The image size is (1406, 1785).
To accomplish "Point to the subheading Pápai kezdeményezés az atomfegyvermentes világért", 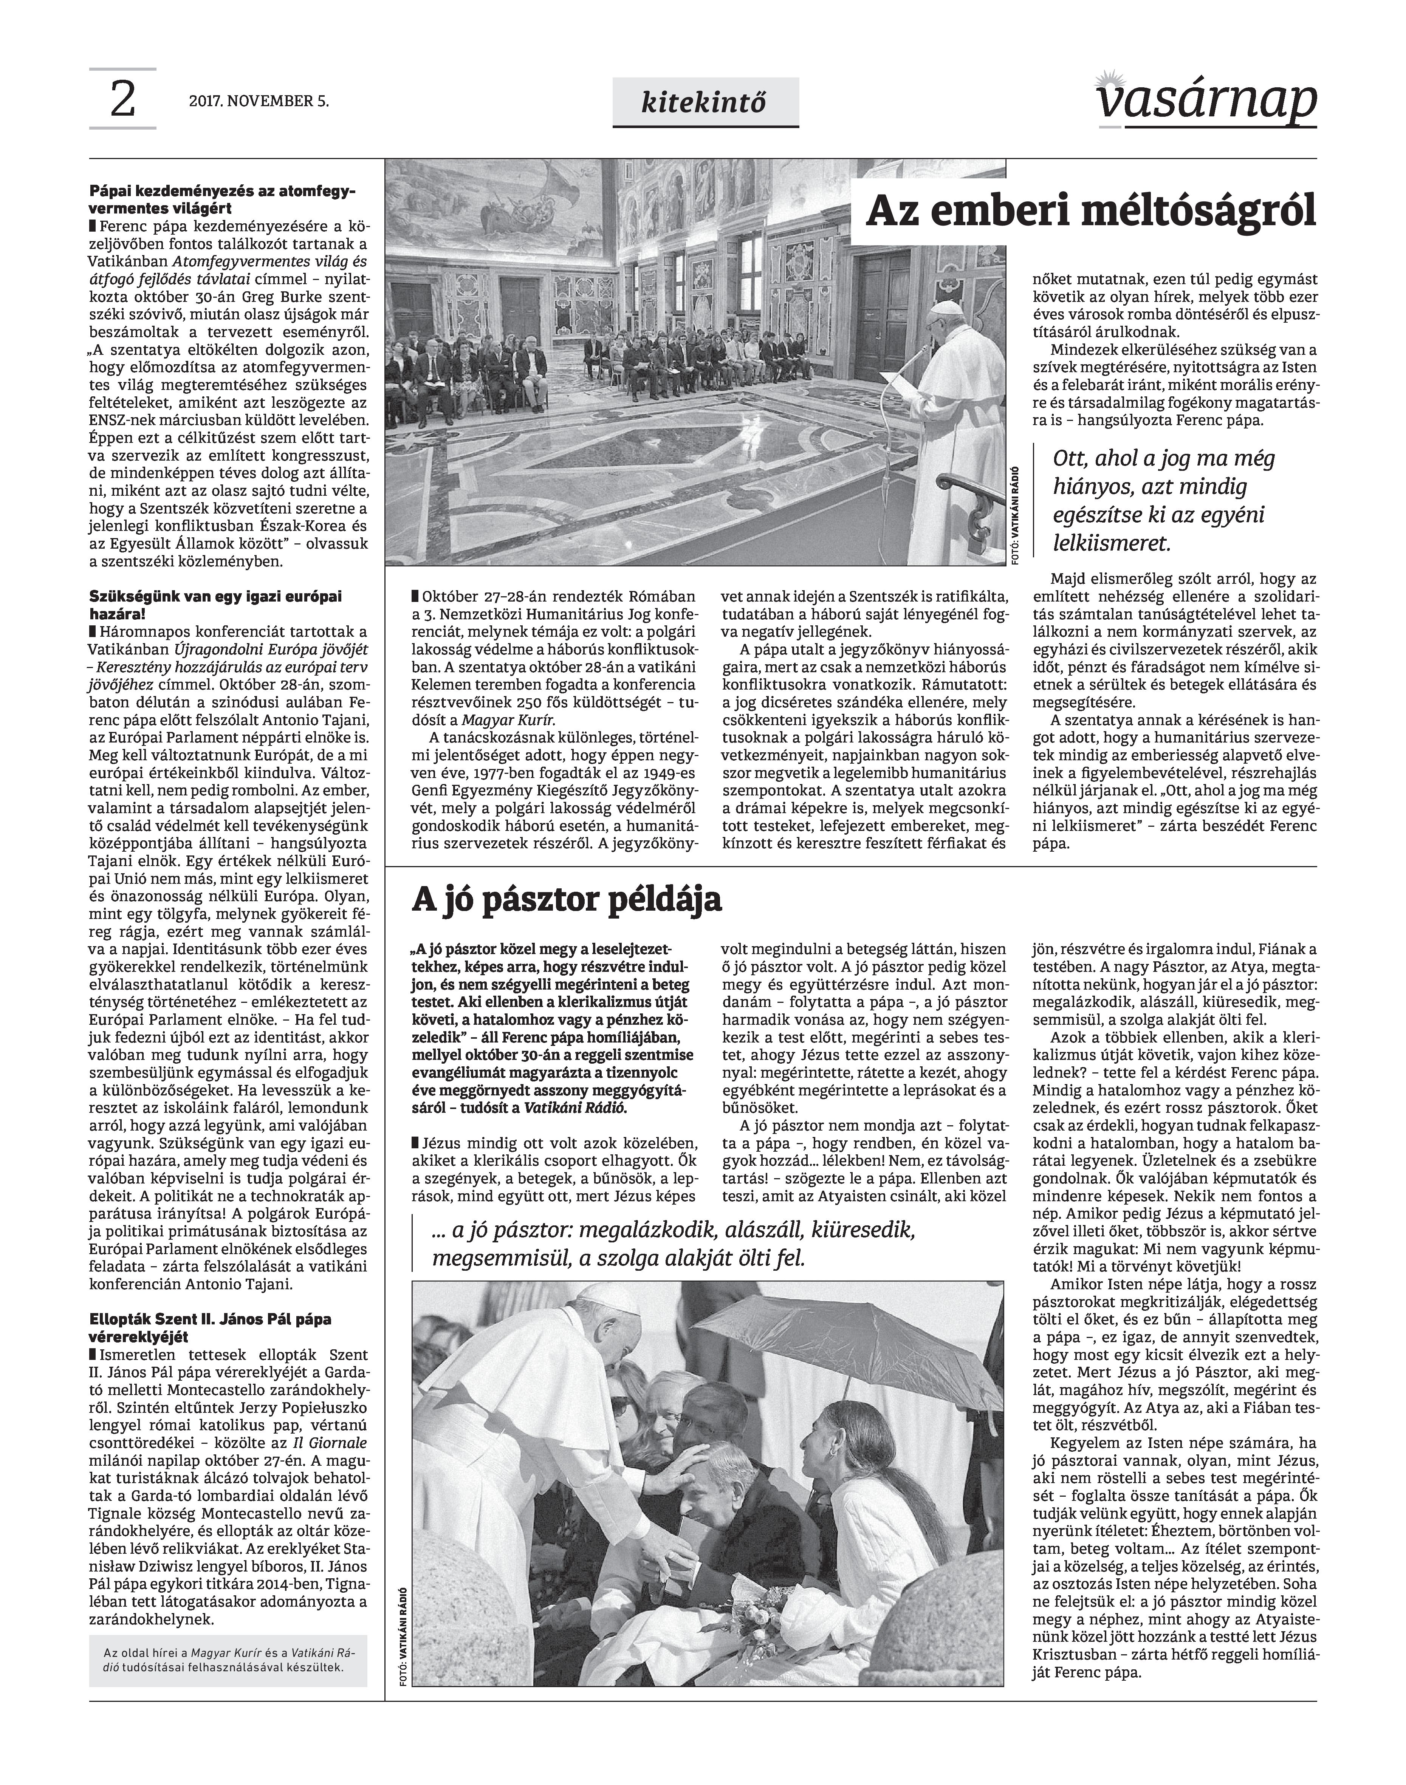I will (x=222, y=199).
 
